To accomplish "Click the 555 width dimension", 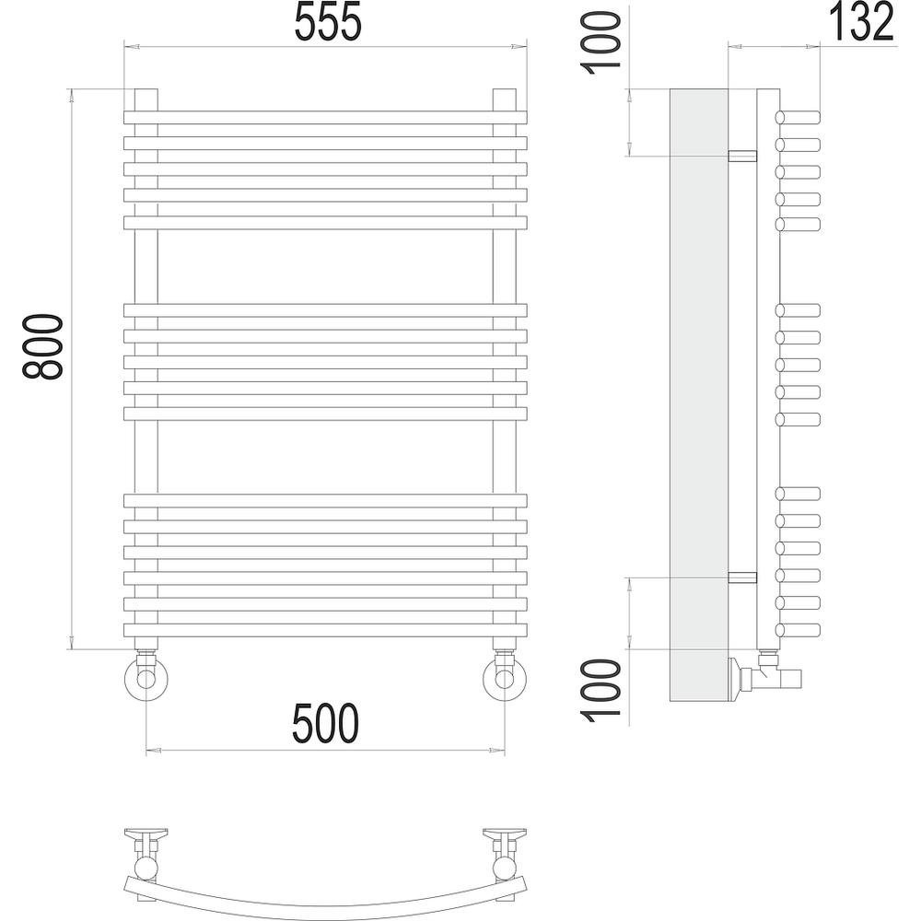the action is click(328, 22).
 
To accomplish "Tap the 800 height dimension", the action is click(41, 346).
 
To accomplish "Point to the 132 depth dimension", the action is click(860, 22).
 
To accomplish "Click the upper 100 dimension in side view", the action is click(600, 43).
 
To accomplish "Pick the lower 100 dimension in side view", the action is click(600, 690).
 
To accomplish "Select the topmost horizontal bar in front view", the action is click(325, 118).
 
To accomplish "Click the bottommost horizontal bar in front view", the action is click(325, 630).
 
